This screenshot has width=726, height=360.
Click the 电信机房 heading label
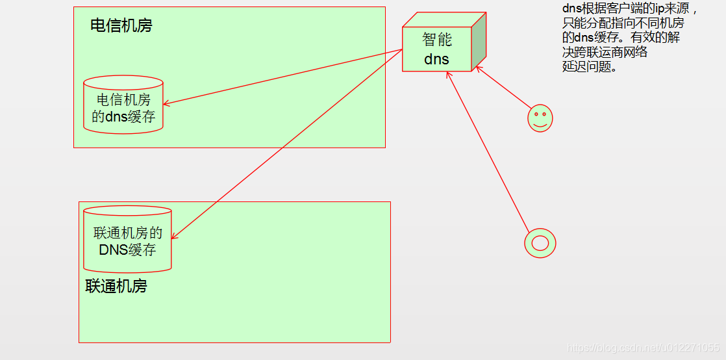pyautogui.click(x=121, y=26)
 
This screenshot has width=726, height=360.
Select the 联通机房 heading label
pyautogui.click(x=116, y=286)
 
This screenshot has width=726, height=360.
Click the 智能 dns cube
pyautogui.click(x=437, y=49)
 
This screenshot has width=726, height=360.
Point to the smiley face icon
pyautogui.click(x=540, y=118)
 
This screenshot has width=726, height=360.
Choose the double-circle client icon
pyautogui.click(x=540, y=243)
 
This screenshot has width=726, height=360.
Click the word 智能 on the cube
pyautogui.click(x=437, y=40)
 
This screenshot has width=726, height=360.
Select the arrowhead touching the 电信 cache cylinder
pyautogui.click(x=167, y=103)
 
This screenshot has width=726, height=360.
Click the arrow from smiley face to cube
pyautogui.click(x=503, y=88)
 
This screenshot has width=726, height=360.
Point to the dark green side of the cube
pyautogui.click(x=479, y=42)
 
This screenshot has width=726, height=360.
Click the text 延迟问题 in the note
pyautogui.click(x=588, y=66)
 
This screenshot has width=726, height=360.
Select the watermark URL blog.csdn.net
pyautogui.click(x=643, y=348)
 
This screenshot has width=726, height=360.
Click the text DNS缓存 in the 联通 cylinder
pyautogui.click(x=127, y=249)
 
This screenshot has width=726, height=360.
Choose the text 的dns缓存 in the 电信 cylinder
pyautogui.click(x=123, y=117)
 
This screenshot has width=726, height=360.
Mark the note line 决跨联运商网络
pyautogui.click(x=605, y=52)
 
